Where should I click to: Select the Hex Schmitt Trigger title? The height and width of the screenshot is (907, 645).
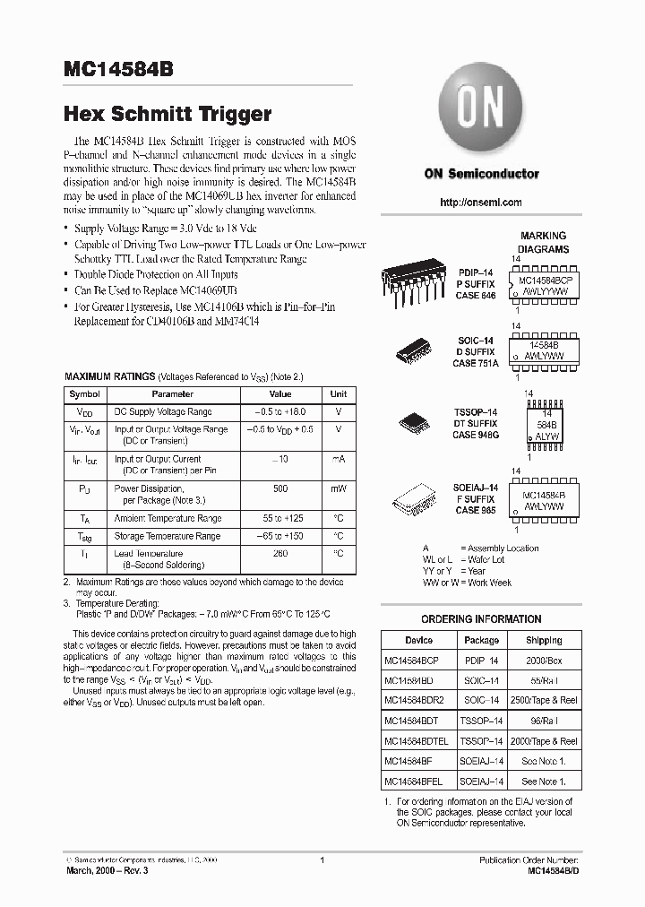(167, 114)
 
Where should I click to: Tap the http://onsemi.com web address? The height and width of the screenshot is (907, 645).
(481, 203)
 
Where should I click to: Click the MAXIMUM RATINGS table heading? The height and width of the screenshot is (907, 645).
(110, 377)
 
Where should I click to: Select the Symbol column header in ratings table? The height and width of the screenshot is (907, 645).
(85, 394)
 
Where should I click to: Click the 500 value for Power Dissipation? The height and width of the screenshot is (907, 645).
(280, 489)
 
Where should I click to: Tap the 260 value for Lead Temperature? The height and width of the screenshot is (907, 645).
(280, 554)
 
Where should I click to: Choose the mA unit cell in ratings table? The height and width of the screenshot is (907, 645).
(339, 460)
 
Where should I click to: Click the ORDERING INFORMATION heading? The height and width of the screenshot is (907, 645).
(481, 619)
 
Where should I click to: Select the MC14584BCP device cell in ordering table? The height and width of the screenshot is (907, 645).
(412, 660)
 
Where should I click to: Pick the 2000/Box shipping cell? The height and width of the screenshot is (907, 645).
(544, 660)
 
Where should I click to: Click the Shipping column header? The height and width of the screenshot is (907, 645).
(544, 640)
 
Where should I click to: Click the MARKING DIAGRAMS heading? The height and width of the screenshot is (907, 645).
(544, 243)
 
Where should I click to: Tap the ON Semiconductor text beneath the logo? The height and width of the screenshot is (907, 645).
(481, 174)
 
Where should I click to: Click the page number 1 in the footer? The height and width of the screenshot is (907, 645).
(322, 860)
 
